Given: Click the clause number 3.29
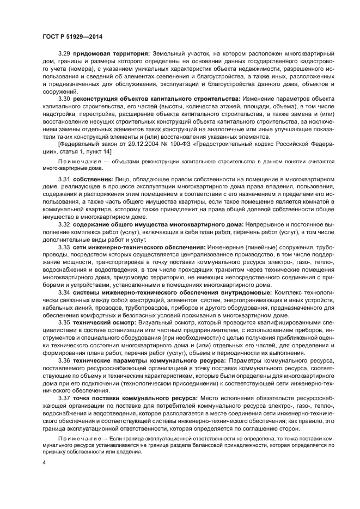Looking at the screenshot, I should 65,53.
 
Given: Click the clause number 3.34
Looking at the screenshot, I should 65,292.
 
